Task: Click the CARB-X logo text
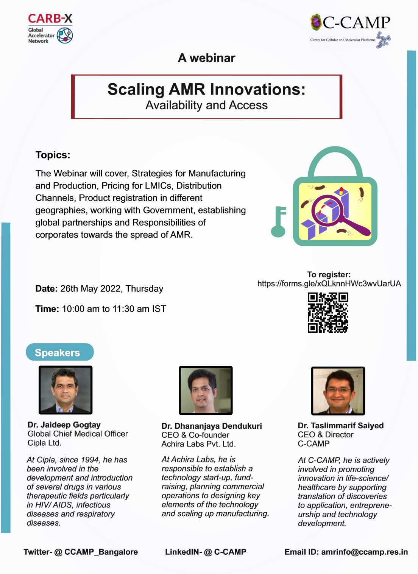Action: coord(50,19)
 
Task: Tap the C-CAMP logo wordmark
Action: coord(356,23)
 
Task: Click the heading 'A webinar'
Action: coord(206,58)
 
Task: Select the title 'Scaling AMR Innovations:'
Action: coord(206,89)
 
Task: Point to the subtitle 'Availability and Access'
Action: coord(206,105)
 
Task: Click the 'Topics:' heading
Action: coord(53,155)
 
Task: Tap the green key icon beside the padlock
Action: coord(278,222)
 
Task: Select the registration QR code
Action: coord(328,313)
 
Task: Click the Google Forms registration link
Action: coord(329,283)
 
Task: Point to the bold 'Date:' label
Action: coord(47,289)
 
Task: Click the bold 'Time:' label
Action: coord(47,309)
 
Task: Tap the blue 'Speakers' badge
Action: coord(60,352)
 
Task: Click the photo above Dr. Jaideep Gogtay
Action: coord(66,390)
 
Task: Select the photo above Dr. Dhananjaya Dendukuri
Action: coord(206,390)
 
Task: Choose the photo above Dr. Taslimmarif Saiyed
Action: coord(338,391)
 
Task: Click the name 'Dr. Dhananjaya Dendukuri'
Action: coord(212,426)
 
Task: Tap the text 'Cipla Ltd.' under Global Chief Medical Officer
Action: coord(44,443)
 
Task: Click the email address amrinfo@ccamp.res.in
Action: coord(364,552)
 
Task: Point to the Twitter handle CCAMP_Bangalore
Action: coord(101,552)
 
